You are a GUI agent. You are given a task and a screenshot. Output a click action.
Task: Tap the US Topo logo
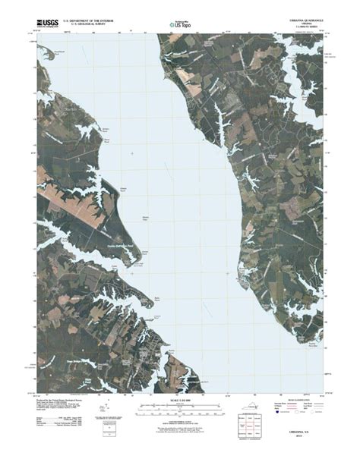point(179,26)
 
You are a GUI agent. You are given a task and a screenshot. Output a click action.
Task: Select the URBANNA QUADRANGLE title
point(305,20)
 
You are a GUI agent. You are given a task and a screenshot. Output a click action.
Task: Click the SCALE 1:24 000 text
point(180,400)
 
